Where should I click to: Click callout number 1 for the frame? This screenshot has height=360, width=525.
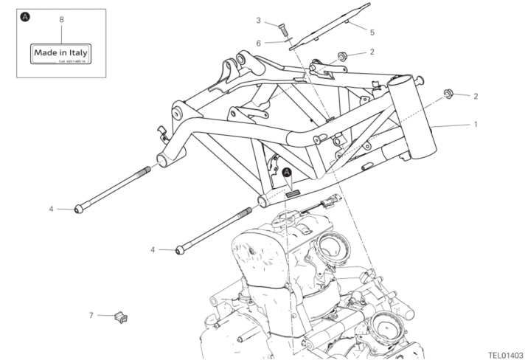[x=476, y=124]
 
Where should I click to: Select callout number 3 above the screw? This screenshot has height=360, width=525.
[x=259, y=19]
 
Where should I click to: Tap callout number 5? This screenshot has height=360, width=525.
[x=372, y=32]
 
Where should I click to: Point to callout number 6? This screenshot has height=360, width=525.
[x=259, y=43]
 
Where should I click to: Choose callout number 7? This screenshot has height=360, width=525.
[x=91, y=315]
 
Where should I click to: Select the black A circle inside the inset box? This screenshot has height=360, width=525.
[x=26, y=15]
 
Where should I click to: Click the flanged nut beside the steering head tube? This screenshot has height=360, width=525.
[x=448, y=94]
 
